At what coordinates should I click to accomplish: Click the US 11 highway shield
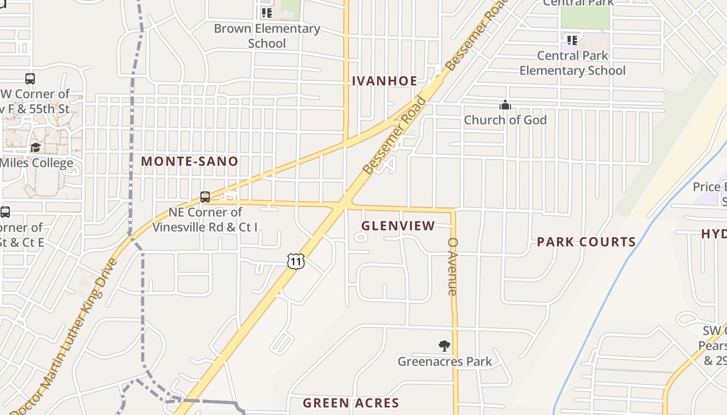(295, 261)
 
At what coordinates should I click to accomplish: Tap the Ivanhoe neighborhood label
(384, 81)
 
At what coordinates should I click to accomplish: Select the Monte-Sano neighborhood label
(190, 161)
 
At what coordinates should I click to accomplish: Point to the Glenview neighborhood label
(398, 226)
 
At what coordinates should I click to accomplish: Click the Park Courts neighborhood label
(586, 242)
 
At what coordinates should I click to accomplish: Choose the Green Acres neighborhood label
(351, 403)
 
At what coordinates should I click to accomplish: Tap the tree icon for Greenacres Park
(444, 345)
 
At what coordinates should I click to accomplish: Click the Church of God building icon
(505, 105)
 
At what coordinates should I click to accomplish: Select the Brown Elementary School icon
(266, 12)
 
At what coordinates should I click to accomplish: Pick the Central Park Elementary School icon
(572, 40)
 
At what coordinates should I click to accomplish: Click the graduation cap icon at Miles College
(35, 148)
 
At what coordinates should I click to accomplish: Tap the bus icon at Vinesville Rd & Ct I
(205, 197)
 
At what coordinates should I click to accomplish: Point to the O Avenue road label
(452, 267)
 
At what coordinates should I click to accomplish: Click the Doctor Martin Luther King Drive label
(65, 337)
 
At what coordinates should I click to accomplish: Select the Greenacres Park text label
(445, 361)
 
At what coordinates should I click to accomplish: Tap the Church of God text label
(505, 120)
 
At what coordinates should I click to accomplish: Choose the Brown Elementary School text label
(267, 35)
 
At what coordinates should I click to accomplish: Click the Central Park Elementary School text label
(572, 63)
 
